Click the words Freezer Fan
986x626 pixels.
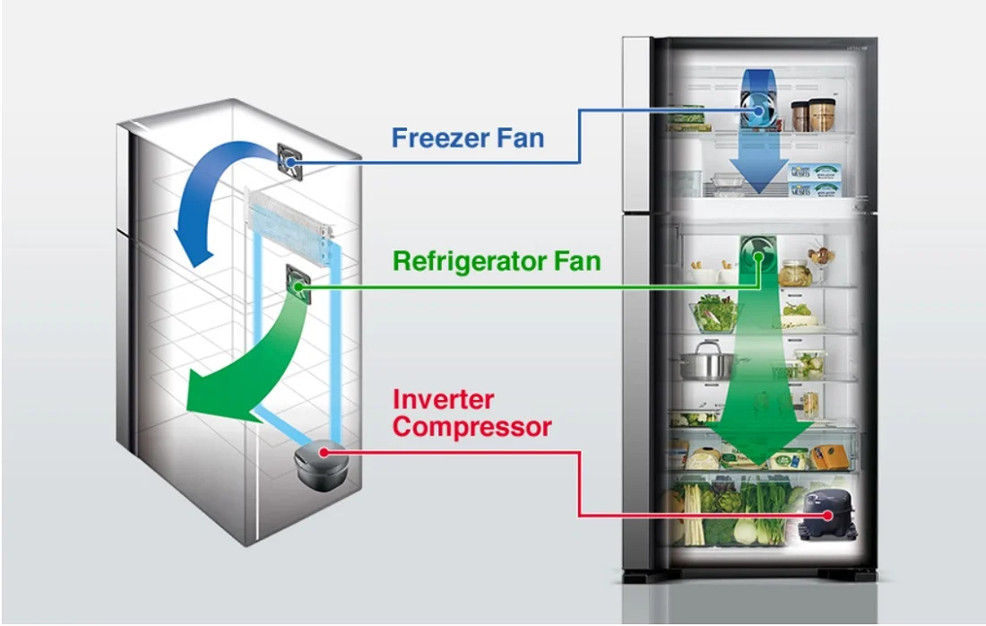[x=468, y=138]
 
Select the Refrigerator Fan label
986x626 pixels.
[x=497, y=261]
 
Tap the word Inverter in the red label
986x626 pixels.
[x=444, y=399]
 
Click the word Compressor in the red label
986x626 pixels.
[x=472, y=427]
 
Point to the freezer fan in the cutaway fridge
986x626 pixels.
[x=290, y=161]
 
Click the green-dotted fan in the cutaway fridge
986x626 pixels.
[x=298, y=285]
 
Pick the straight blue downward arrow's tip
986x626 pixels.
[x=759, y=193]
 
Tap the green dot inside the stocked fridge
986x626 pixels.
[x=759, y=256]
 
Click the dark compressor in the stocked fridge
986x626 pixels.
[x=826, y=516]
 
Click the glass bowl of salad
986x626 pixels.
[x=715, y=313]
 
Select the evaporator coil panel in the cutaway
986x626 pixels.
[x=288, y=224]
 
